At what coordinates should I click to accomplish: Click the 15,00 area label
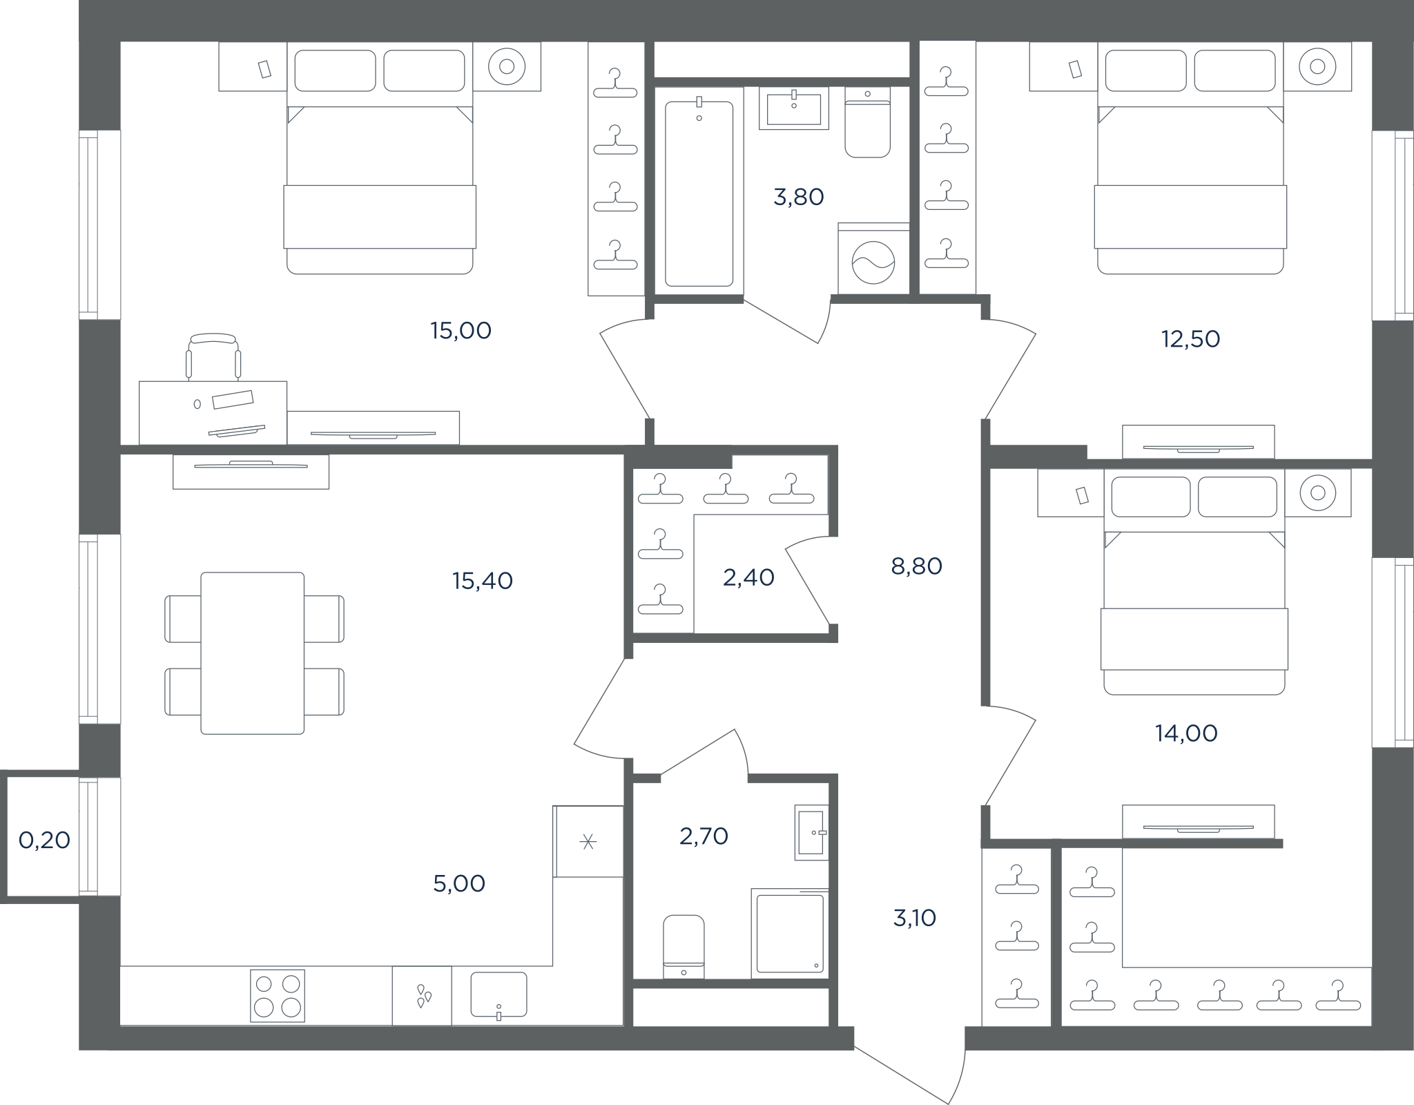click(461, 331)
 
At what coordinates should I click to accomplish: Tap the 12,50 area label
click(1190, 339)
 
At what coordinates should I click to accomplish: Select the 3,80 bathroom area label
click(799, 198)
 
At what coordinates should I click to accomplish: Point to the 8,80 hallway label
click(916, 566)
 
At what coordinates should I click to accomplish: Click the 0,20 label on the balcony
click(44, 840)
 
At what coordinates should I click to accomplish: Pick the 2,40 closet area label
click(748, 577)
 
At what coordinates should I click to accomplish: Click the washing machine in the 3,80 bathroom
click(873, 258)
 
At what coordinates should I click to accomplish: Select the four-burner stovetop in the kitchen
click(278, 995)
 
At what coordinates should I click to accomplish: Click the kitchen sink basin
click(498, 995)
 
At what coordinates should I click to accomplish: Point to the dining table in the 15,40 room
click(253, 653)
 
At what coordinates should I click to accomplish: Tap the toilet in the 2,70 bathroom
click(684, 947)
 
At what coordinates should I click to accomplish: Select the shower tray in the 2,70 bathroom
click(790, 933)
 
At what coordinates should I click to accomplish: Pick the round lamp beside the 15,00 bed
click(507, 66)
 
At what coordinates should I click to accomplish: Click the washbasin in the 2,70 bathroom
click(811, 832)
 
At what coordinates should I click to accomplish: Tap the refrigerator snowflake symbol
click(588, 841)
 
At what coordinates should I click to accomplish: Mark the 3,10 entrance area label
click(915, 918)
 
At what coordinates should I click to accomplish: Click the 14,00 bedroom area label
click(1186, 733)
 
